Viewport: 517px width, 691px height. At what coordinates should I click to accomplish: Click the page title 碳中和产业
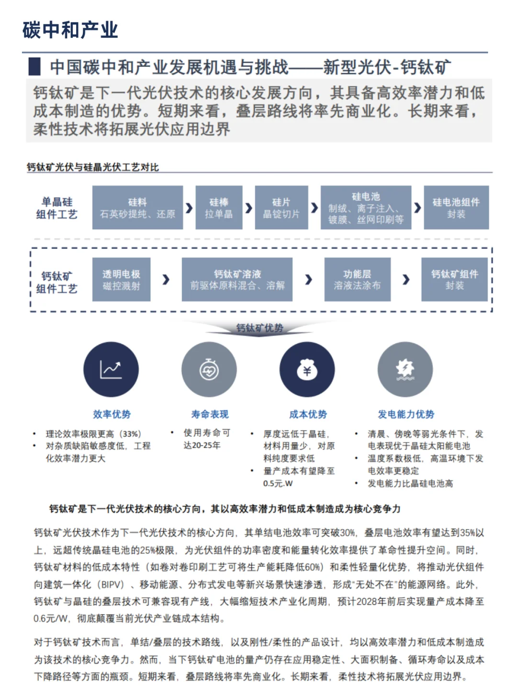coord(70,30)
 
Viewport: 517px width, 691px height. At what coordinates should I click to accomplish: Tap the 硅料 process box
coord(137,207)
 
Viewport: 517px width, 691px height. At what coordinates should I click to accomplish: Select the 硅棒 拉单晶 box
coord(219,207)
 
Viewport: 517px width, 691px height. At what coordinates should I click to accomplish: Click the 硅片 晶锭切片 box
coord(281,207)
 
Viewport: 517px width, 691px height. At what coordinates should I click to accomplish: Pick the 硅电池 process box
coord(366,207)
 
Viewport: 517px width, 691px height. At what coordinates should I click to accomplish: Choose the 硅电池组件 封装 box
coord(456,207)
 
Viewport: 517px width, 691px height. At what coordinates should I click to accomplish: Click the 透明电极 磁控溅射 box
coord(121,279)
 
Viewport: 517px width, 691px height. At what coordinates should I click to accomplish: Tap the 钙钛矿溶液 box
coord(237,279)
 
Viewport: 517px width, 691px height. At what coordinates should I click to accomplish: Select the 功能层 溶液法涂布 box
coord(357,279)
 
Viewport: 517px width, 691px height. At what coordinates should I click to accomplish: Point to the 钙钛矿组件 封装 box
coord(454,279)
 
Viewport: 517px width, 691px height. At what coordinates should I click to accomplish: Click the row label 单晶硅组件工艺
coord(56,208)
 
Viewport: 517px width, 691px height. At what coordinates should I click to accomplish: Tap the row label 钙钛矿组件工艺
coord(56,282)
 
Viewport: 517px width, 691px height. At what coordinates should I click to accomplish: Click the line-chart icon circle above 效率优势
coord(111,370)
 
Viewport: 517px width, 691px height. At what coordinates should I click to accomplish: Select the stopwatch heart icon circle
coord(209,370)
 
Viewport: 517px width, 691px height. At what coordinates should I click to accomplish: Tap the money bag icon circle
coord(307,370)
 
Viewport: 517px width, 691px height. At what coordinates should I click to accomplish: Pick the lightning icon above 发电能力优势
coord(405,370)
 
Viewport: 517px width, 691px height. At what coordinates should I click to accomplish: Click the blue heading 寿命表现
coord(210,414)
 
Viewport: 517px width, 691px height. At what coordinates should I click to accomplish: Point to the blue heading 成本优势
coord(308,414)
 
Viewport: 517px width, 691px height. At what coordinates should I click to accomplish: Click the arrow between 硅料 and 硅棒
coord(190,208)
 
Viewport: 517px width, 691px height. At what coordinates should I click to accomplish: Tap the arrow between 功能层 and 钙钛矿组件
coord(406,279)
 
